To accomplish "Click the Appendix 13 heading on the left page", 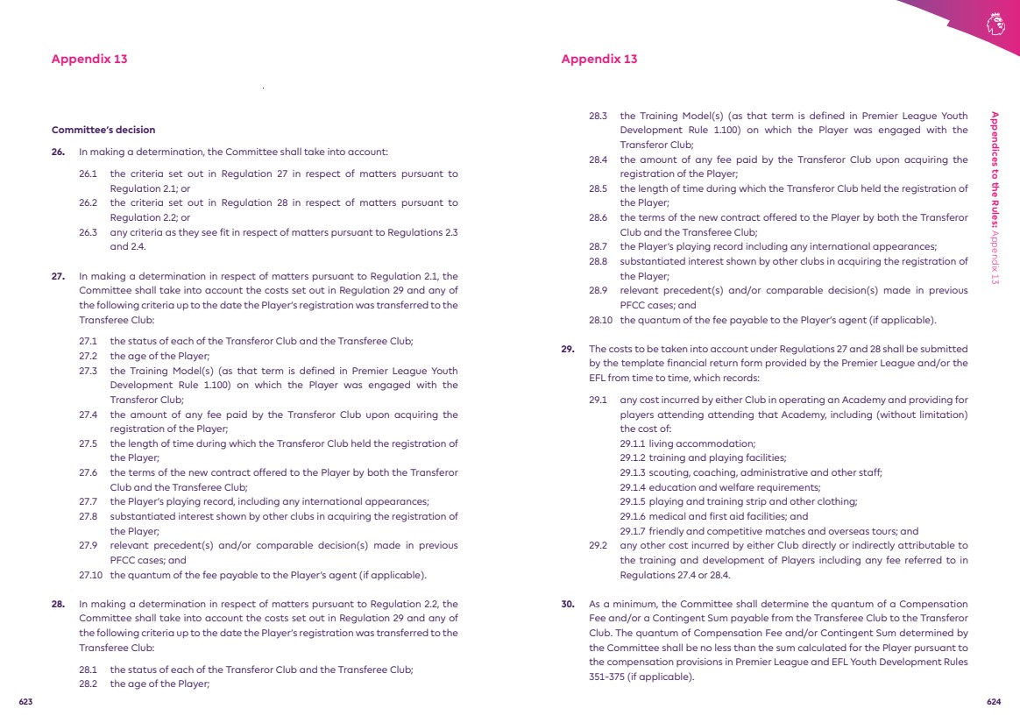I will click(89, 59).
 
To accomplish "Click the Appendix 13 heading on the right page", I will click(599, 59).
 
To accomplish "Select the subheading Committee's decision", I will click(103, 130).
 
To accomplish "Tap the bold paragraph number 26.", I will click(58, 152).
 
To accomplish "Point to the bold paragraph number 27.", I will click(58, 276).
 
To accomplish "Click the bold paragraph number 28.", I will click(58, 604).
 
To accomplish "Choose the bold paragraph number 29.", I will click(568, 349).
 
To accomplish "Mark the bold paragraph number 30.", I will click(568, 604).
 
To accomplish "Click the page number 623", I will click(25, 702).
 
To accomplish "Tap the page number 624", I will click(994, 702).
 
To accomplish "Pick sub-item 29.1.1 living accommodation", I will click(687, 443).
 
